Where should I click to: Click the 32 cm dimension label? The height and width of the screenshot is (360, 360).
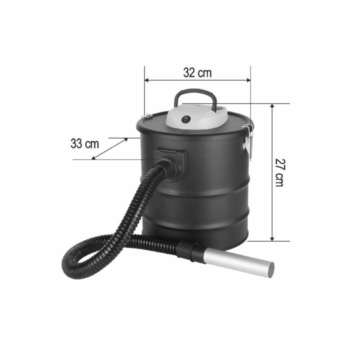click(197, 73)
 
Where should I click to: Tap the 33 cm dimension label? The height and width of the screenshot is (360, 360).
click(84, 143)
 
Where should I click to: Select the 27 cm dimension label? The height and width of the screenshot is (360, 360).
click(279, 172)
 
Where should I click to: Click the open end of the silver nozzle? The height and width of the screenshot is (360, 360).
click(270, 270)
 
